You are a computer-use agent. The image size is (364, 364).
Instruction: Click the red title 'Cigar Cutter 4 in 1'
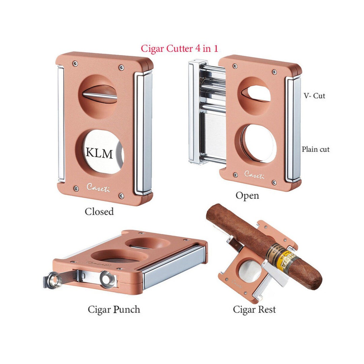click(x=179, y=48)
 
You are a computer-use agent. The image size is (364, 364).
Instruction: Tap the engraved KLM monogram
click(x=99, y=153)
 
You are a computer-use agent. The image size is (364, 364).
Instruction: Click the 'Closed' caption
click(x=99, y=212)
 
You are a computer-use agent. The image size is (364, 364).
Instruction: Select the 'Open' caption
click(x=247, y=195)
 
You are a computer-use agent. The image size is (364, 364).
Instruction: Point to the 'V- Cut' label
click(x=314, y=96)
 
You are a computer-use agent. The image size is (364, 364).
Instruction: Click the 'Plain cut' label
click(x=315, y=149)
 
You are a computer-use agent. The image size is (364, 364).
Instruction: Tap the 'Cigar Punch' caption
click(x=114, y=309)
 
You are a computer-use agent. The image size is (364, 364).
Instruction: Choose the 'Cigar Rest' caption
click(x=254, y=309)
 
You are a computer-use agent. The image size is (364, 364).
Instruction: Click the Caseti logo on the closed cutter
click(x=98, y=187)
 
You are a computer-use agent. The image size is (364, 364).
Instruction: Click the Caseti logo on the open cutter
click(x=254, y=175)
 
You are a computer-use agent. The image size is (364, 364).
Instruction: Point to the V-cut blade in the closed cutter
click(x=100, y=95)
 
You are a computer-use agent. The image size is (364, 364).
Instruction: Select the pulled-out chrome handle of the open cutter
click(x=197, y=111)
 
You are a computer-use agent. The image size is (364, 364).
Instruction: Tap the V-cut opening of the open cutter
click(x=255, y=93)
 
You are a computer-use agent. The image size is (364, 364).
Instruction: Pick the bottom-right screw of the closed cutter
click(x=121, y=195)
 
